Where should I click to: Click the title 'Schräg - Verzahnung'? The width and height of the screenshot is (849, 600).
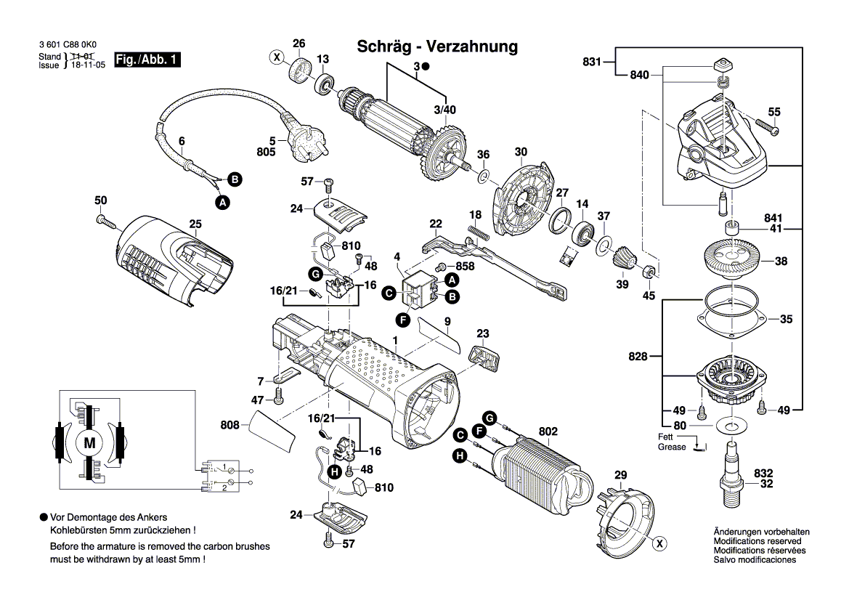(437, 47)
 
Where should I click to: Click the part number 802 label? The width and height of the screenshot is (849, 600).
(548, 432)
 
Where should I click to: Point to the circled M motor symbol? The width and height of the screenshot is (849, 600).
(90, 442)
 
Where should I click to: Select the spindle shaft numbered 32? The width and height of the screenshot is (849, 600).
(731, 473)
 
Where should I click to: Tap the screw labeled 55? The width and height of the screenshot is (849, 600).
(766, 129)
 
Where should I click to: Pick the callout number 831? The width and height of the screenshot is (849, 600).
(592, 62)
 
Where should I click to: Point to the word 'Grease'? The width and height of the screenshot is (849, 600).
(672, 447)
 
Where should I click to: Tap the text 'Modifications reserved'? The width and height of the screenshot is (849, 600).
(757, 541)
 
